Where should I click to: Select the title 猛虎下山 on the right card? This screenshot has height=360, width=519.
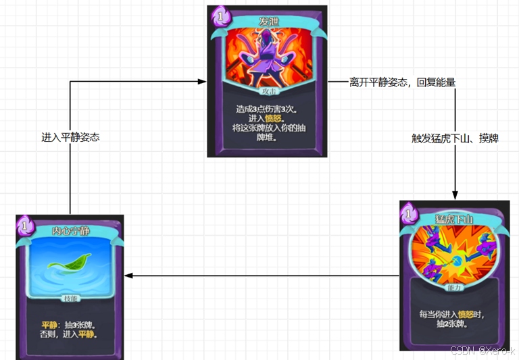(454, 219)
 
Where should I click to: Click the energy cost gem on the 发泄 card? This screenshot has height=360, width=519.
(220, 15)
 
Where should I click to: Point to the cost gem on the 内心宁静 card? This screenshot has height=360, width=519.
(25, 224)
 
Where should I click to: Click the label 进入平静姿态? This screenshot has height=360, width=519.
(71, 137)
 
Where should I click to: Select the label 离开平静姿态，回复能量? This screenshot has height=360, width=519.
(402, 82)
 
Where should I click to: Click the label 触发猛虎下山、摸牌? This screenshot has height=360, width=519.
(455, 138)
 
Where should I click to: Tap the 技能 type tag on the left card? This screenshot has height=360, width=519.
(70, 298)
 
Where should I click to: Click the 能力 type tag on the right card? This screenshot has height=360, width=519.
(453, 286)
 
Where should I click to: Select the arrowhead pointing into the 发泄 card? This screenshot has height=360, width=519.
(201, 82)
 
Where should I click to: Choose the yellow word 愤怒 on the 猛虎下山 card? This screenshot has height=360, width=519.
(466, 314)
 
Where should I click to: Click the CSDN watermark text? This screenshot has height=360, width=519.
(483, 351)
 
